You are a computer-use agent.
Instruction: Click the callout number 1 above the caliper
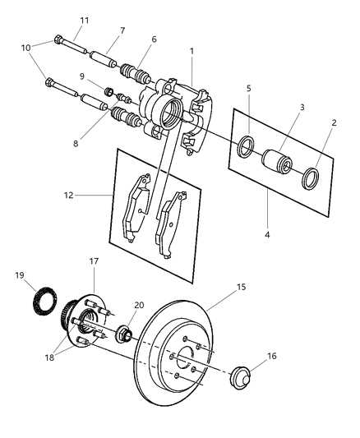pos(192,51)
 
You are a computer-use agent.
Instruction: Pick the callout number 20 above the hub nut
pos(139,303)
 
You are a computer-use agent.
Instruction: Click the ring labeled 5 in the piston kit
pos(245,148)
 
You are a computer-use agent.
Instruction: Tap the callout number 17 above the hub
pos(93,261)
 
